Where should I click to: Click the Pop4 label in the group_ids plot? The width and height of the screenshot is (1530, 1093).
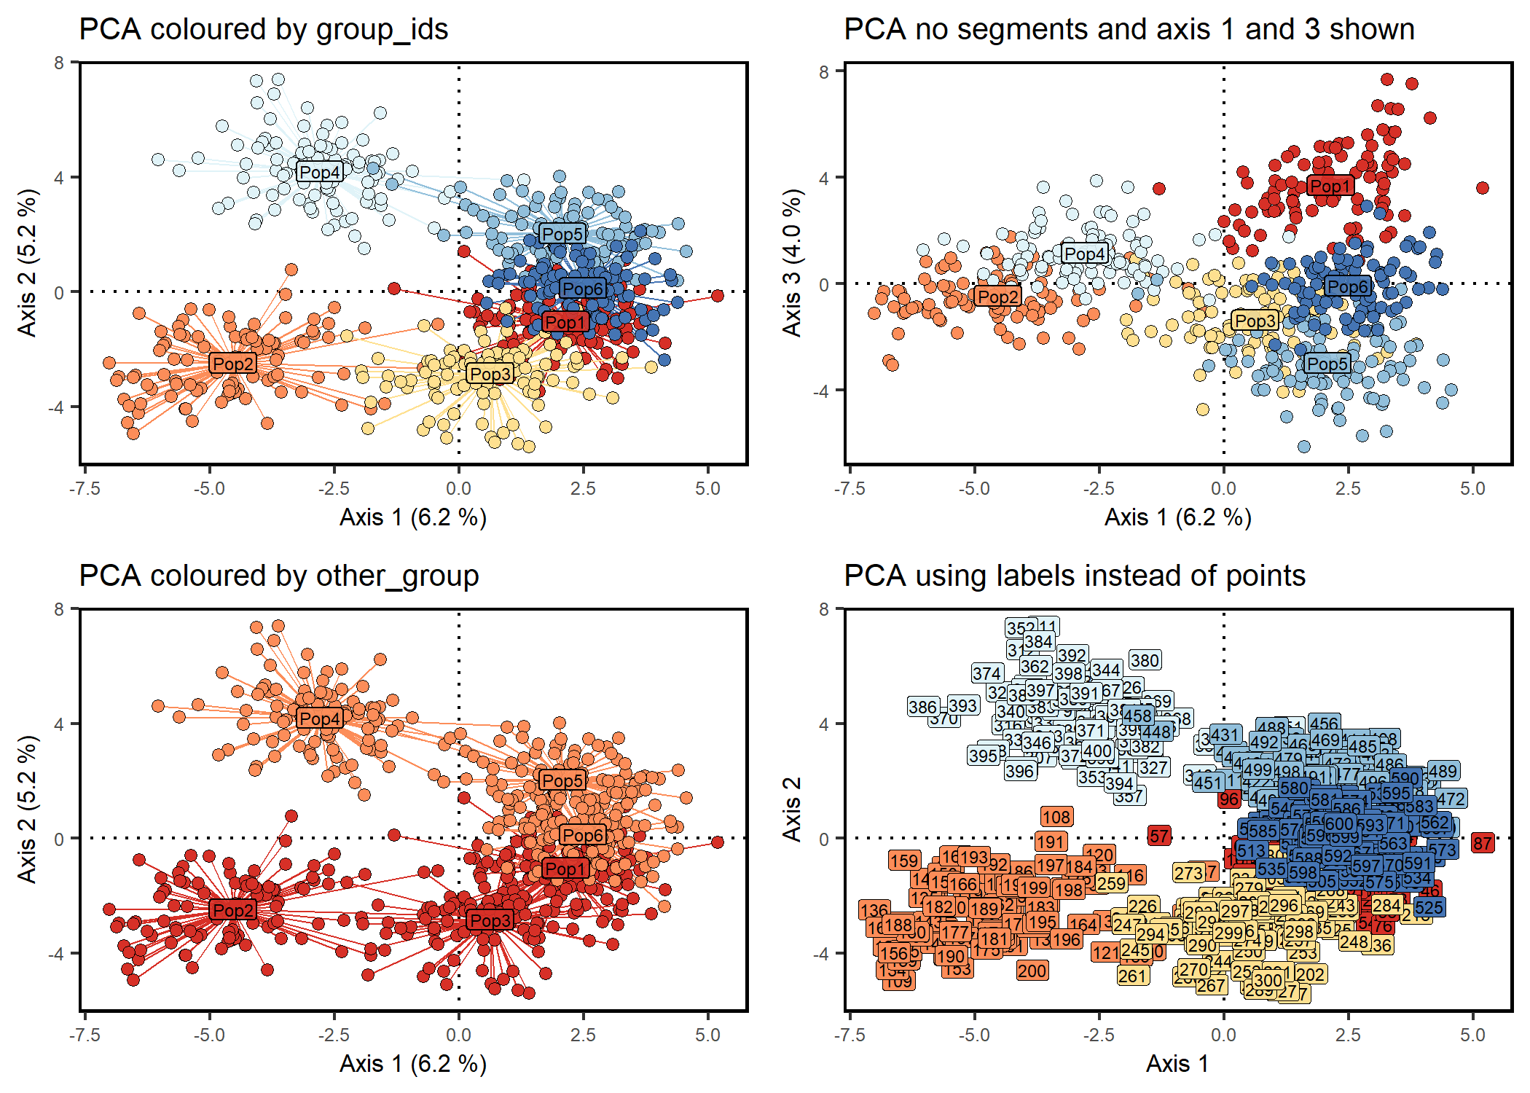click(x=320, y=172)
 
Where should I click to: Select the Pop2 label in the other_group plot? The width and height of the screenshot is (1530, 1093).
click(x=233, y=909)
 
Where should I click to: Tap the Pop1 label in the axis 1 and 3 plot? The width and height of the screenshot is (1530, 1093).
click(x=1330, y=187)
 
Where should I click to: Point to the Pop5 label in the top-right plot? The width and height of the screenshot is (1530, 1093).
click(x=1327, y=364)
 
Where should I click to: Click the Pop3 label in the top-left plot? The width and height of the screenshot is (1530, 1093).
click(x=490, y=374)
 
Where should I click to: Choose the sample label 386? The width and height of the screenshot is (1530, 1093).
click(x=922, y=707)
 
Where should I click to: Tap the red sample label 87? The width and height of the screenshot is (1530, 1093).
click(x=1483, y=843)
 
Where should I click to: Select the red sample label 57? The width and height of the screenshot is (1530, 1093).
click(x=1159, y=836)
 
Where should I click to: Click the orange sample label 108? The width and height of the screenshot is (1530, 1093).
click(x=1056, y=817)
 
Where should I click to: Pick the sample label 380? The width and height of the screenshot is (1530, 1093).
click(x=1145, y=660)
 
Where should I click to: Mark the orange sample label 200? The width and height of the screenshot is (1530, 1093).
click(x=1032, y=971)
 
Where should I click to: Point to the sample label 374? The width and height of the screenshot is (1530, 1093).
click(x=987, y=673)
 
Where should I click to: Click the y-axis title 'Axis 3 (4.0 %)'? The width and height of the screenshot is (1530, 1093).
click(x=792, y=262)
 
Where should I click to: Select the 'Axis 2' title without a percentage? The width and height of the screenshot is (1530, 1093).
click(x=792, y=809)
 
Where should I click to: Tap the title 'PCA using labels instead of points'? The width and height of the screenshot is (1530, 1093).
click(x=1075, y=576)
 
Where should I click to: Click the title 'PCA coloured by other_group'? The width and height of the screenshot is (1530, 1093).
click(x=279, y=576)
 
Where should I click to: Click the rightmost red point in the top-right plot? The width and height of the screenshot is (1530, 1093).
click(x=1483, y=188)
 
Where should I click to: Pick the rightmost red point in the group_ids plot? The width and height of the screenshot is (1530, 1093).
click(x=718, y=295)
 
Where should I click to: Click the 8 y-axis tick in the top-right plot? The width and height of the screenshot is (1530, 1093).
click(x=824, y=71)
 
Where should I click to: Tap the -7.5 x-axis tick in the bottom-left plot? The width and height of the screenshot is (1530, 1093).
click(x=85, y=1035)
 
